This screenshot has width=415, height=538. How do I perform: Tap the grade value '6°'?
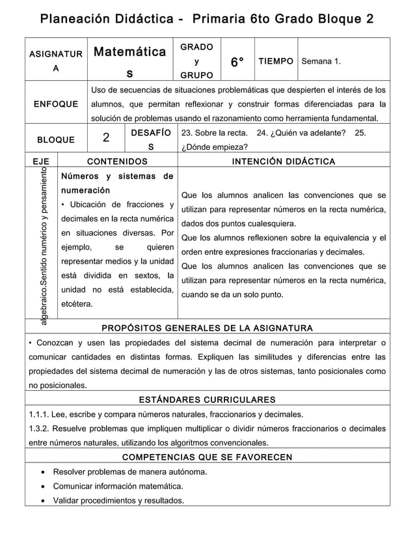coord(237,62)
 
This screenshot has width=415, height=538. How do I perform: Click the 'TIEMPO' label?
coord(276,61)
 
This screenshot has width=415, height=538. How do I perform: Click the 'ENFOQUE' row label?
coord(57,104)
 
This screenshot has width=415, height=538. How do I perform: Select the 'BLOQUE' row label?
coord(56,139)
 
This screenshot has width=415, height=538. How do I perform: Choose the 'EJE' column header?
coord(41,161)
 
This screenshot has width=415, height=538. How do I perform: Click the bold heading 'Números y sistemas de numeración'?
coord(116,183)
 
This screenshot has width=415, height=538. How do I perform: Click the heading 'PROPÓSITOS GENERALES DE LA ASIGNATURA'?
coord(207,328)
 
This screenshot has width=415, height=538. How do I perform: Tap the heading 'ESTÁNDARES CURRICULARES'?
coord(207,399)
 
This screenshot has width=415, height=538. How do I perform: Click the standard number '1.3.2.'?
coord(41,429)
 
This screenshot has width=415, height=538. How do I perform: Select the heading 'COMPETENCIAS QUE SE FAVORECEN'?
coord(207,457)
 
